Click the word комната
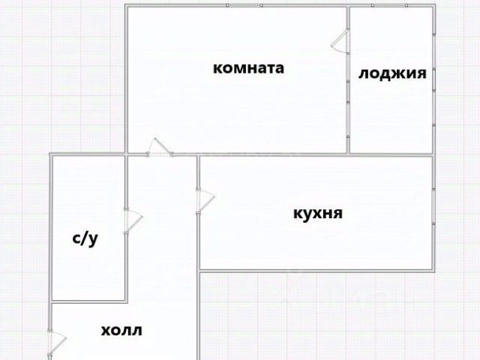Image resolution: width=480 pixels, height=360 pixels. click(x=249, y=68)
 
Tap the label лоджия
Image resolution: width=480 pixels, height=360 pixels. click(x=392, y=73)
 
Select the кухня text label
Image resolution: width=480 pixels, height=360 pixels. click(x=317, y=214)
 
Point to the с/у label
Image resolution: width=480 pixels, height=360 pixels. click(x=85, y=239)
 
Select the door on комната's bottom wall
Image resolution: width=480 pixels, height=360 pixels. click(x=158, y=148)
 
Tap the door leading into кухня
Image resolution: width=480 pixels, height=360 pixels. click(x=204, y=200)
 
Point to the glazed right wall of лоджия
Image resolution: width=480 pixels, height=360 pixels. click(x=434, y=79)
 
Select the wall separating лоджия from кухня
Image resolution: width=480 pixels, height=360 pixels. click(x=392, y=154)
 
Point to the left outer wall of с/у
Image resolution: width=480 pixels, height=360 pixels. click(x=51, y=225)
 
